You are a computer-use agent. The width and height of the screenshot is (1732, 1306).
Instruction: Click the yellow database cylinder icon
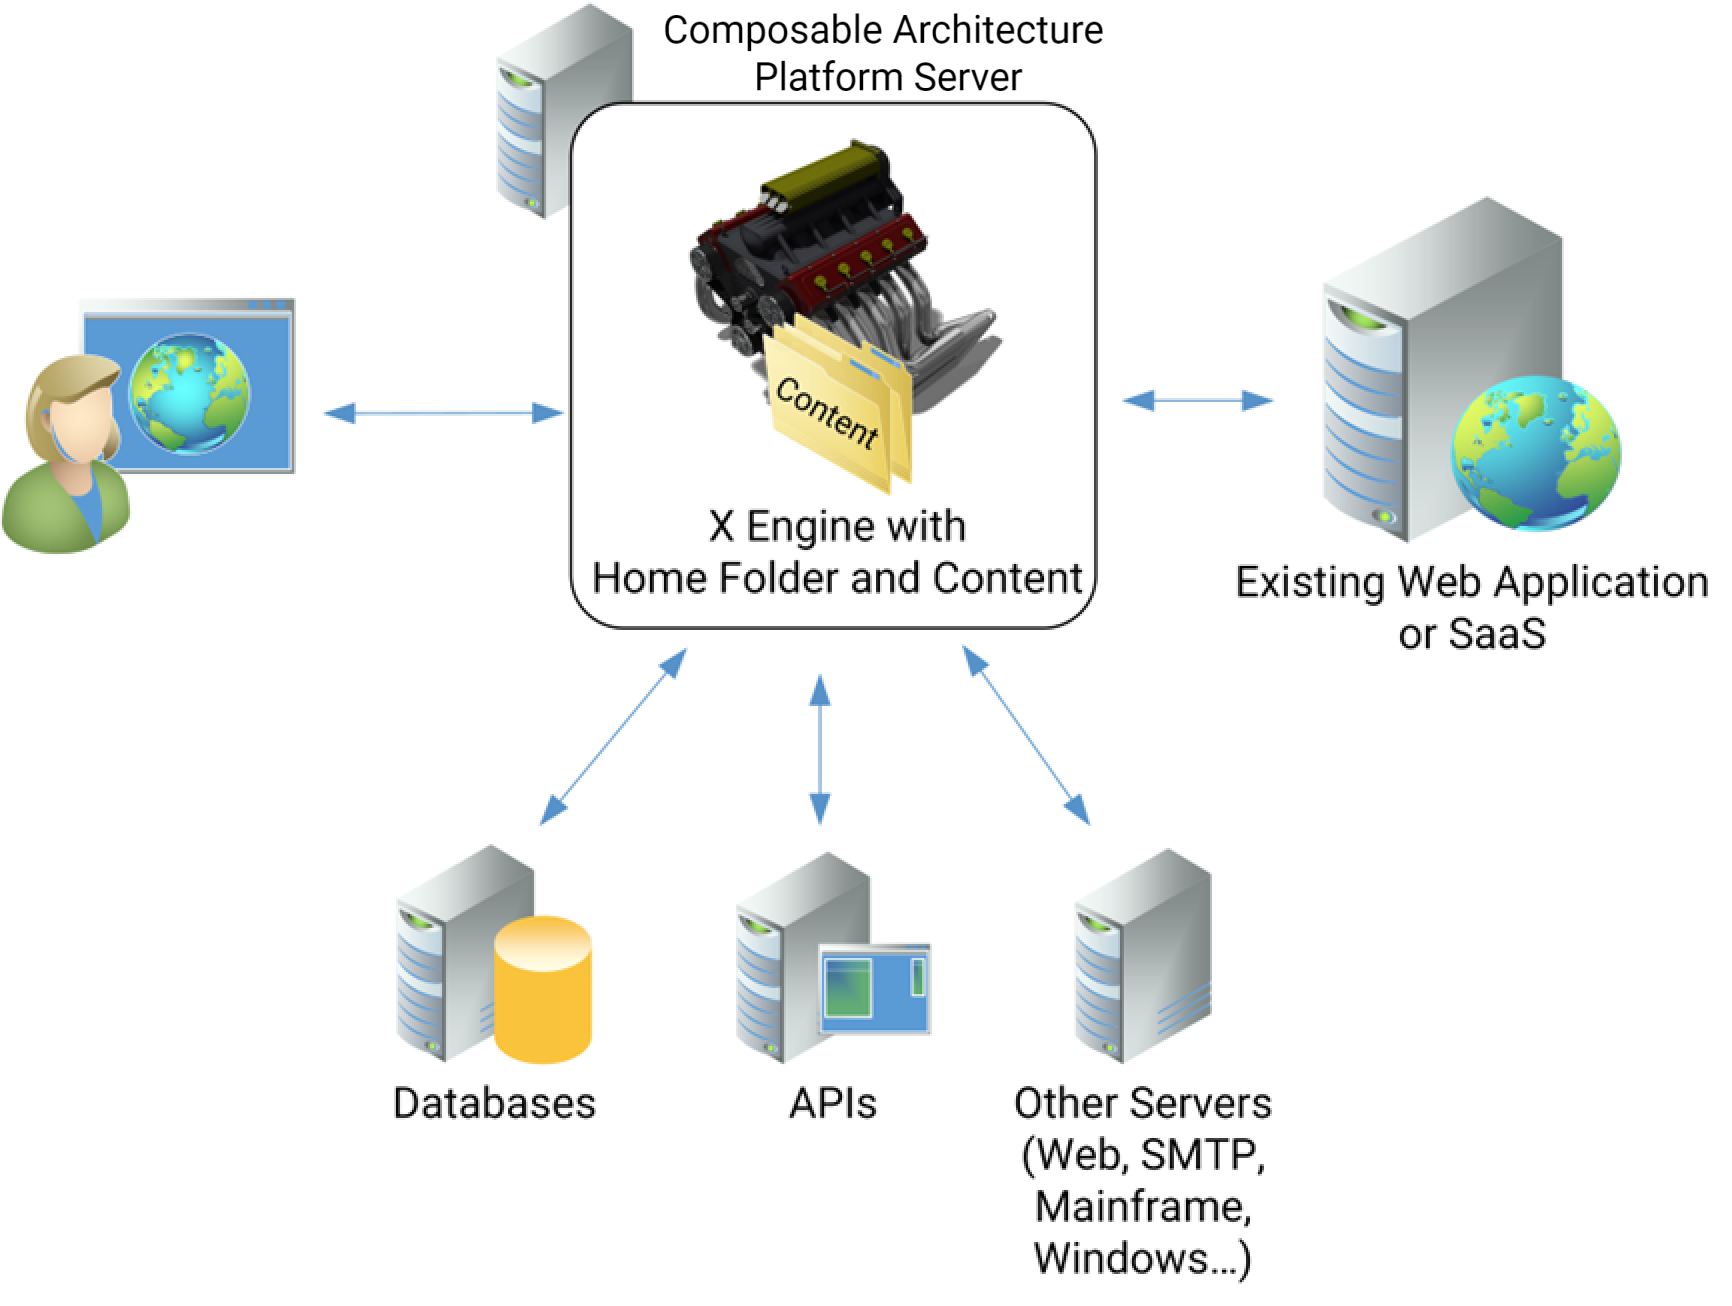pos(543,989)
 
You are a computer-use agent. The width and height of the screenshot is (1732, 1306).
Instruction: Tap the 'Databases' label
pos(494,1103)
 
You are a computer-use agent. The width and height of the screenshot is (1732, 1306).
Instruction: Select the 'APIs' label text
pos(832,1103)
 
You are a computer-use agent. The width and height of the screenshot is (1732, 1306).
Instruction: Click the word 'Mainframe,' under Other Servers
pos(1142,1206)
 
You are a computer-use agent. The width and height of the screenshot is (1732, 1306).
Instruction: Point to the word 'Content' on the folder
pos(826,413)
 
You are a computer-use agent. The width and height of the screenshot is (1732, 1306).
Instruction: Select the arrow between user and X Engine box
pos(444,412)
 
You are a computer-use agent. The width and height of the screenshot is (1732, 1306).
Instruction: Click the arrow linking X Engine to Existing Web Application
pos(1197,401)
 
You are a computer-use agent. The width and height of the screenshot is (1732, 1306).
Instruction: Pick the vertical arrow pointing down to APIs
pos(820,749)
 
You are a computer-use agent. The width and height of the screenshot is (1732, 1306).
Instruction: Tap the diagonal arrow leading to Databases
pos(613,737)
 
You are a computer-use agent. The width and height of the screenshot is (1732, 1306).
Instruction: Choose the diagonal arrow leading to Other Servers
pos(1026,735)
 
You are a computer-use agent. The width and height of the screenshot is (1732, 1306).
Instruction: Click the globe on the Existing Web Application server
pos(1535,452)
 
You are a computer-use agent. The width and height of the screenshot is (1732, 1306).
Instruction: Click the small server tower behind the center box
pos(535,110)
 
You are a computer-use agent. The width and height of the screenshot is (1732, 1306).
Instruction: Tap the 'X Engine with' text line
pos(837,525)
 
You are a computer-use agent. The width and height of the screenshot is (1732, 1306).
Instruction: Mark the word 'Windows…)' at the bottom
pos(1141,1258)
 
